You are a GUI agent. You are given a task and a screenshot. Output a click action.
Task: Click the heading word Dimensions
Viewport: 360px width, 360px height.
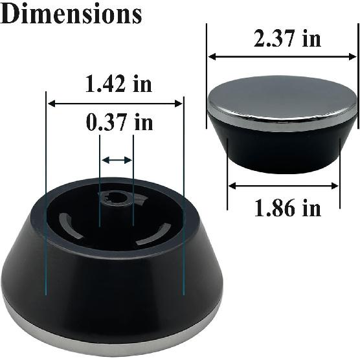71,14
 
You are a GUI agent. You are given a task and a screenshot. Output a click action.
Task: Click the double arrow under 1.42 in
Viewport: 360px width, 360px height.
115,103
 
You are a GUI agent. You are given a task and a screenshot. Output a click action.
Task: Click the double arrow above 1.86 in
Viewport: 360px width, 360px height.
283,186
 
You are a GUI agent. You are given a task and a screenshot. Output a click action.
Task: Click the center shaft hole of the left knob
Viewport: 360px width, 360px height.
116,197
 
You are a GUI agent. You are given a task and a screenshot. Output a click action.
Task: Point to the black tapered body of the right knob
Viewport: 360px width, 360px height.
282,149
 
